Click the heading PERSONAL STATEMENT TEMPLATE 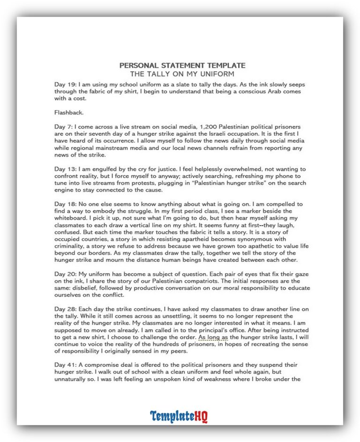tap(182, 66)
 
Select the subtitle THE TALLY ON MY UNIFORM tap(182, 74)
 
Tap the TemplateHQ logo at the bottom tap(179, 416)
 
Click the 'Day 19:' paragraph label tap(64, 84)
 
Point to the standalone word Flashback tap(69, 113)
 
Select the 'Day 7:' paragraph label tap(62, 127)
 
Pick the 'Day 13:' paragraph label tap(64, 169)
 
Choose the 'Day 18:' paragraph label tap(64, 205)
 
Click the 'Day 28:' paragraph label tap(64, 310)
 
